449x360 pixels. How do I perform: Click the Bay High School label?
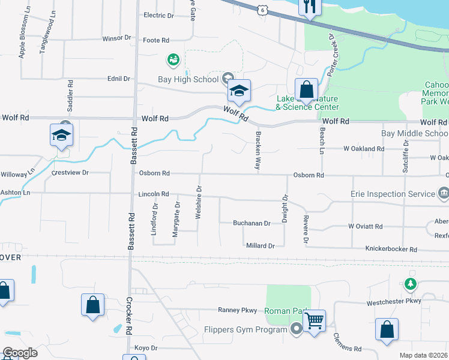(x=188, y=79)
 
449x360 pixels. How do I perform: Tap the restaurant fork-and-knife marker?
(x=310, y=7)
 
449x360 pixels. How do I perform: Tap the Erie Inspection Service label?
(x=393, y=194)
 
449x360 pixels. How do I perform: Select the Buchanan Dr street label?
(x=252, y=223)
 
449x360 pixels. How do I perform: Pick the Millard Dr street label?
(x=260, y=246)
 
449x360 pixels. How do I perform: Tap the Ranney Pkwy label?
(x=237, y=310)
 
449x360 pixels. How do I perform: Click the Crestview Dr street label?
(x=70, y=172)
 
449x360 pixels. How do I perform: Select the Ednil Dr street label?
(x=119, y=79)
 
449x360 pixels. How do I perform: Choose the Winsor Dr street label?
(x=116, y=38)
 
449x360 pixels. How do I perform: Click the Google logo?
(x=20, y=353)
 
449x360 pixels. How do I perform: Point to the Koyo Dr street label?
(x=146, y=348)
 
